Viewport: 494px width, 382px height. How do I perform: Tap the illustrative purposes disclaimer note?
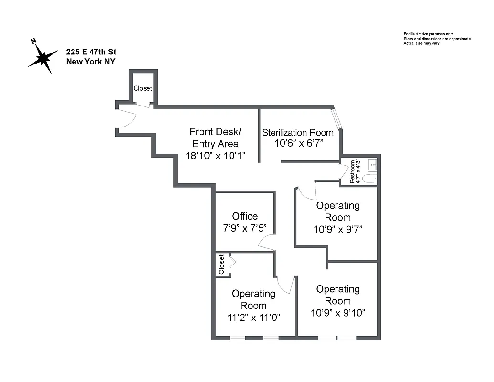click(x=437, y=39)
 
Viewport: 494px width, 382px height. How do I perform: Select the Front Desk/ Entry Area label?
click(x=215, y=138)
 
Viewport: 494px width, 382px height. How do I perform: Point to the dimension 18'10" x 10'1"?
click(x=215, y=155)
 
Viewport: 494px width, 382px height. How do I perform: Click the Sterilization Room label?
click(x=297, y=132)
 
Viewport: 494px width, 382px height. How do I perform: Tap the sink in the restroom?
click(x=373, y=165)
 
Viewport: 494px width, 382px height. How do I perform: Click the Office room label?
click(x=245, y=216)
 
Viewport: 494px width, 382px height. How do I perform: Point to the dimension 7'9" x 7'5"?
click(x=245, y=228)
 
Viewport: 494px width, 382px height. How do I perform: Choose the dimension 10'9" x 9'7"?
click(x=338, y=229)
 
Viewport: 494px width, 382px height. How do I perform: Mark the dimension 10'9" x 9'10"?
click(x=338, y=313)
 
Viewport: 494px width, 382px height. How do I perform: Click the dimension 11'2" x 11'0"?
click(x=253, y=317)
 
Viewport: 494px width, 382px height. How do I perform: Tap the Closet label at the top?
click(x=143, y=88)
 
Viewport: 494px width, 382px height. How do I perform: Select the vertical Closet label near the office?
click(x=221, y=264)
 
